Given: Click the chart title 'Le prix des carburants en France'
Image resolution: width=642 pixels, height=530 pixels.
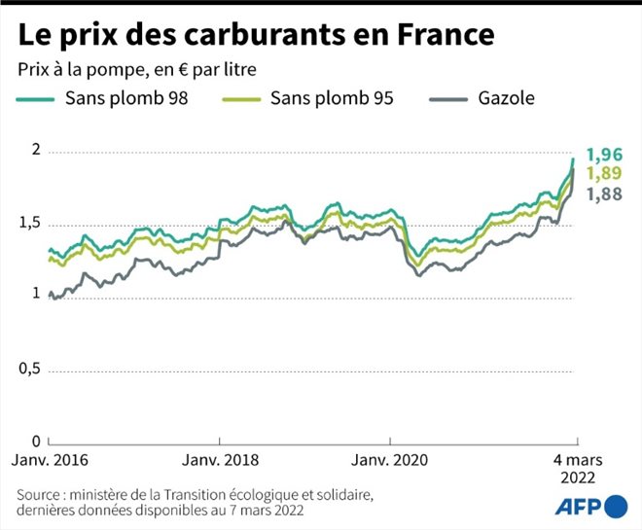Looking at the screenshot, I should click(x=256, y=34).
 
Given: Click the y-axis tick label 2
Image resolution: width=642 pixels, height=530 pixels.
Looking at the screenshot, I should click(x=36, y=150).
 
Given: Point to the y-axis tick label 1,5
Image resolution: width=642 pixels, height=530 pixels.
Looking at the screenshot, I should click(x=30, y=223).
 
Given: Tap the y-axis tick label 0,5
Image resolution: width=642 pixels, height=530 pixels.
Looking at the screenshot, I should click(x=30, y=369).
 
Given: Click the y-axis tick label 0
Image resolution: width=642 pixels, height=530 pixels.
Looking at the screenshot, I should click(x=36, y=441).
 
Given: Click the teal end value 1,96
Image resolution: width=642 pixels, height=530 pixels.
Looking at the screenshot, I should click(x=605, y=155).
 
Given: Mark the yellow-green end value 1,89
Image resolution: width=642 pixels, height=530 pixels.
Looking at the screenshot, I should click(x=605, y=174).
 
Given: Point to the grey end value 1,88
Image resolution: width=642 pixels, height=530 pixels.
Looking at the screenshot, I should click(x=605, y=194).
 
